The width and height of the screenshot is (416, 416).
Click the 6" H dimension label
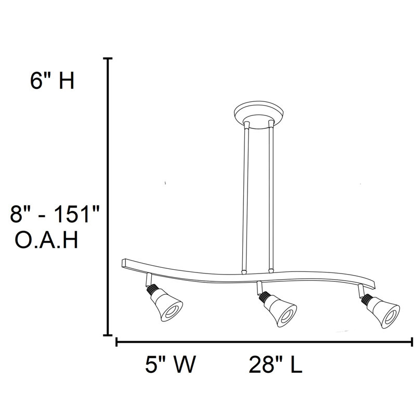[x=53, y=82]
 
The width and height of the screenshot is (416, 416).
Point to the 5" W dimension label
[x=170, y=365]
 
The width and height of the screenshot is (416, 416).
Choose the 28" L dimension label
[x=275, y=365]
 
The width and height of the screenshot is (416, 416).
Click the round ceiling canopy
[x=258, y=115]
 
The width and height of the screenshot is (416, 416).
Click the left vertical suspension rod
[x=245, y=198]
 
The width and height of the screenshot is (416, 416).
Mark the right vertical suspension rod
[x=271, y=198]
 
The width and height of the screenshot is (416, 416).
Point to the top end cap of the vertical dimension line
[x=108, y=59]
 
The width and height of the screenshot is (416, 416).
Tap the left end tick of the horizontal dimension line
[x=115, y=342]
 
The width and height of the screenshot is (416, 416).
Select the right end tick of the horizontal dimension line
[x=412, y=342]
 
